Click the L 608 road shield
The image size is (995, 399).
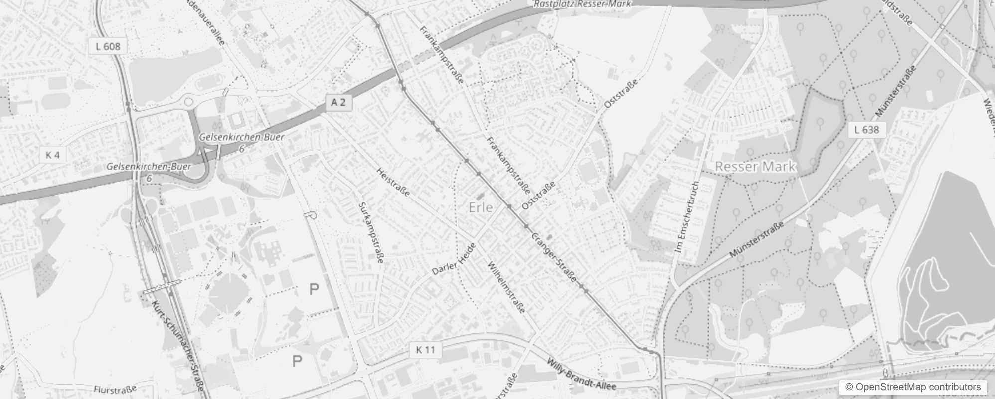[x=108, y=46]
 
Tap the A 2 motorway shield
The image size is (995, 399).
[x=338, y=102]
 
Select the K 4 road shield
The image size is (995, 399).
[x=52, y=155]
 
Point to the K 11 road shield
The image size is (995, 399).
[x=425, y=350]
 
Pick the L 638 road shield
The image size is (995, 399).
[x=867, y=130]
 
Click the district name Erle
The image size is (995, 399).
[x=481, y=207]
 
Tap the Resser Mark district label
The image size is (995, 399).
[x=755, y=167]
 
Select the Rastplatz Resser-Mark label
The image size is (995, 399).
[x=582, y=3]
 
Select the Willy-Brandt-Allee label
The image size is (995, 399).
[x=581, y=374]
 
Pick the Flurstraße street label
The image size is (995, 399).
[x=115, y=389]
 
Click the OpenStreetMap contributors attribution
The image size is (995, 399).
[x=912, y=387]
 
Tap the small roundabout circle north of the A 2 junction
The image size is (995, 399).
[x=189, y=102]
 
